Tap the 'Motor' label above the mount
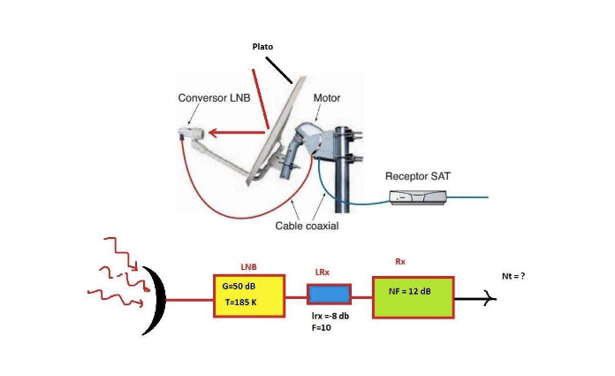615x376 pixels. tap(327, 97)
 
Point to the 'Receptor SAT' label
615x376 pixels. tap(418, 176)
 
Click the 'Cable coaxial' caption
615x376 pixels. tap(306, 226)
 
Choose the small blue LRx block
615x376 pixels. tap(329, 293)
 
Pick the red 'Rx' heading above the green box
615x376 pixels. tap(400, 262)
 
